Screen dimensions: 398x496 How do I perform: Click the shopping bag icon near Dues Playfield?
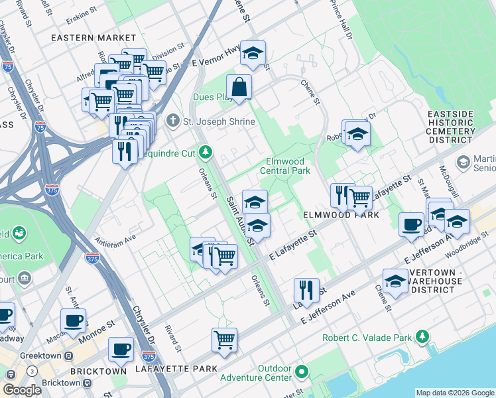click(239, 87)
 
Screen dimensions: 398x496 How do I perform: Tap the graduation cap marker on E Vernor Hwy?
click(253, 54)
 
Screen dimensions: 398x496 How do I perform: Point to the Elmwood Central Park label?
click(288, 166)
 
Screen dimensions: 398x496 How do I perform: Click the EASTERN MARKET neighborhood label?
click(93, 38)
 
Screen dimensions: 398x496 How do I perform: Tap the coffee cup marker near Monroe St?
click(73, 320)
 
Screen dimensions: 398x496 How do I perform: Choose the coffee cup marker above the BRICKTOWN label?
click(120, 349)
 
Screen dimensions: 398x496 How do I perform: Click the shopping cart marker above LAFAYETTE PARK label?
click(224, 340)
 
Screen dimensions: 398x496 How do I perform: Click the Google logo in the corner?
click(22, 390)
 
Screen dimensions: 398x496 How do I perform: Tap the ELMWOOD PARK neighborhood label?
click(341, 215)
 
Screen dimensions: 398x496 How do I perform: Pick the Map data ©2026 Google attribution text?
click(454, 393)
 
